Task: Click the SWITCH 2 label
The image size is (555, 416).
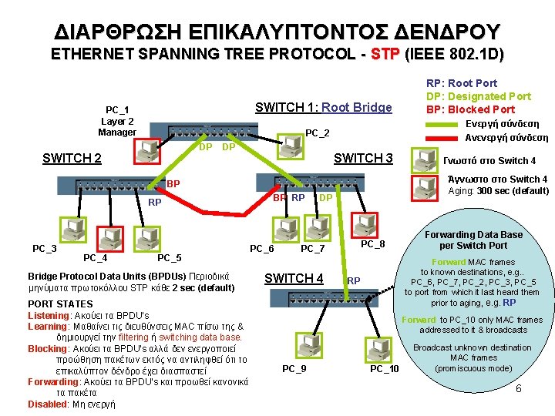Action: pyautogui.click(x=72, y=159)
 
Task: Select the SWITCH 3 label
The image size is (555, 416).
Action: pyautogui.click(x=362, y=159)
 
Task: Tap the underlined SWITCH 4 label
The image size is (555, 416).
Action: pyautogui.click(x=294, y=278)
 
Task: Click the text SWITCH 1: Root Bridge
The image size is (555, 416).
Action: pyautogui.click(x=323, y=108)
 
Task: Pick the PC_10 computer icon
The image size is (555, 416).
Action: pyautogui.click(x=383, y=344)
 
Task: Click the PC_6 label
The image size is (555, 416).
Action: pyautogui.click(x=261, y=249)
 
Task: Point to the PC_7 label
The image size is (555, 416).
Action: pyautogui.click(x=312, y=249)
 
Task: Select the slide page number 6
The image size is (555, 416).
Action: pyautogui.click(x=519, y=388)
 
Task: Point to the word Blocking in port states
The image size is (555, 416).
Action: pyautogui.click(x=48, y=348)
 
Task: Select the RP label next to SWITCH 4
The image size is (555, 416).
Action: pyautogui.click(x=354, y=280)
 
